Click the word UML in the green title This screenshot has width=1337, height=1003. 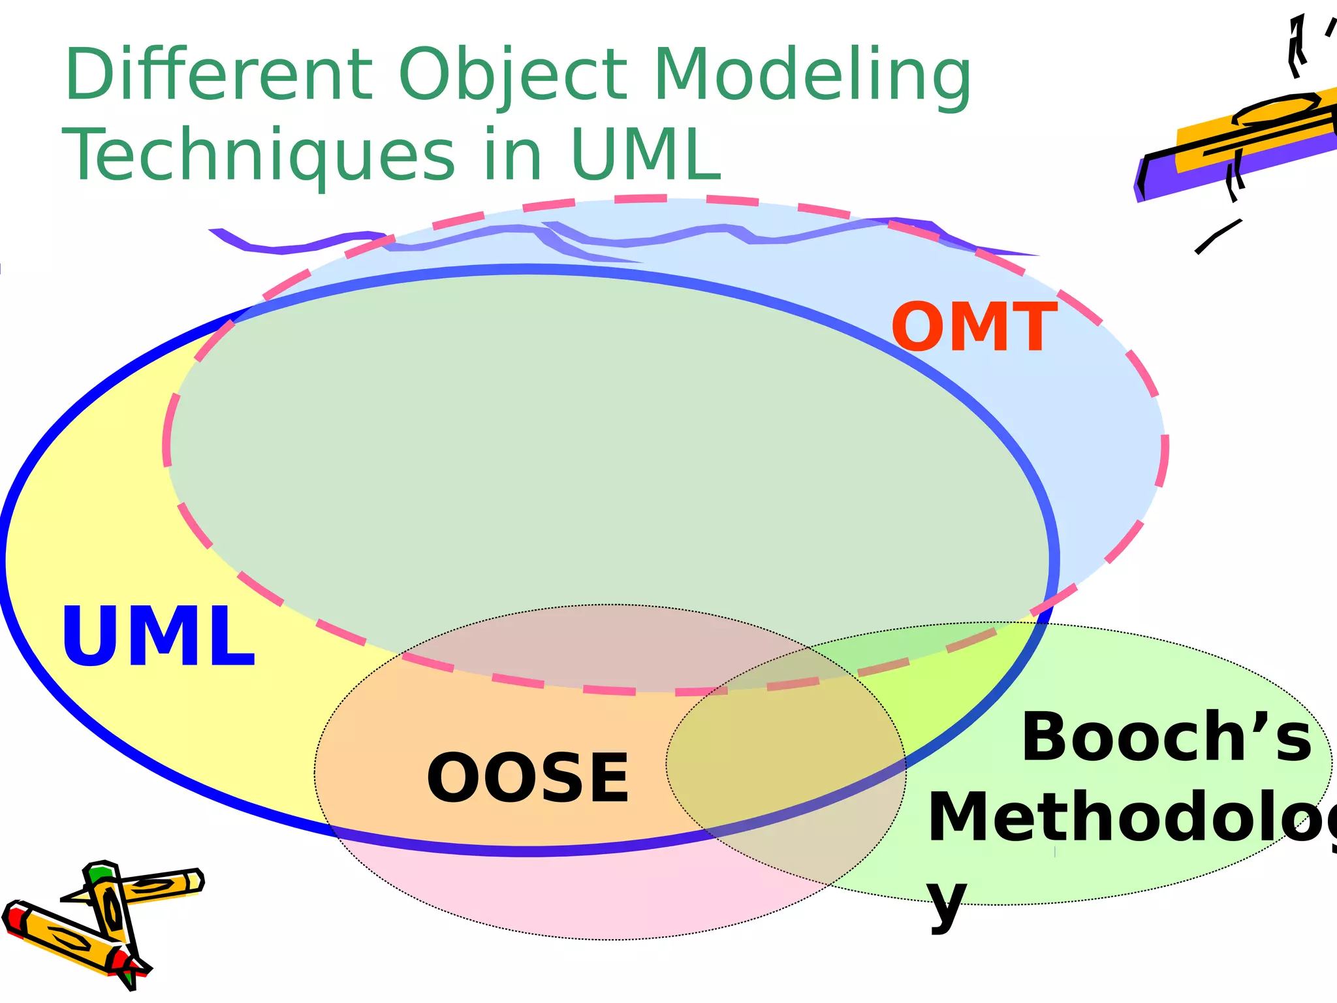(x=645, y=155)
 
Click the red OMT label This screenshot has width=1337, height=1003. (x=973, y=328)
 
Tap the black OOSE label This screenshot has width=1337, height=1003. (x=527, y=778)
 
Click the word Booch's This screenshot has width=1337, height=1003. (x=1166, y=738)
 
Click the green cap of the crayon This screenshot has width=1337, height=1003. (x=100, y=872)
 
